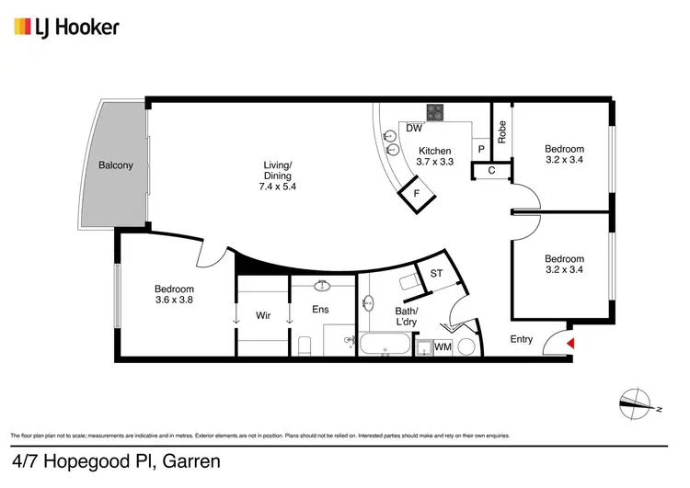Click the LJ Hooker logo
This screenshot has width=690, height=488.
click(66, 28)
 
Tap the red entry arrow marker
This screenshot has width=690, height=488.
click(570, 343)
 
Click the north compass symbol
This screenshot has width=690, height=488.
click(636, 400)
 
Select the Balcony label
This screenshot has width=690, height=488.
click(116, 166)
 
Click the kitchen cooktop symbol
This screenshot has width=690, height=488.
click(435, 114)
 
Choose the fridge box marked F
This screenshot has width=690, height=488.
click(416, 194)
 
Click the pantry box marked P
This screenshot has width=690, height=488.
click(480, 149)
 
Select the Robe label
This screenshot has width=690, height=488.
click(501, 132)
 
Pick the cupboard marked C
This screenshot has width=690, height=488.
click(491, 170)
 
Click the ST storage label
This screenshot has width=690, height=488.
click(436, 274)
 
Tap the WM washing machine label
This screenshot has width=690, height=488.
click(443, 346)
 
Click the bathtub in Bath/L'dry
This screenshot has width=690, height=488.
click(385, 346)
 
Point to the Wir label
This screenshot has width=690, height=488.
click(262, 315)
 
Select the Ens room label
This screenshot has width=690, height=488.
click(320, 310)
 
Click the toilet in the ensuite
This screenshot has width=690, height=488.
click(305, 346)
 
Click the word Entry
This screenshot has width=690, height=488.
click(522, 339)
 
